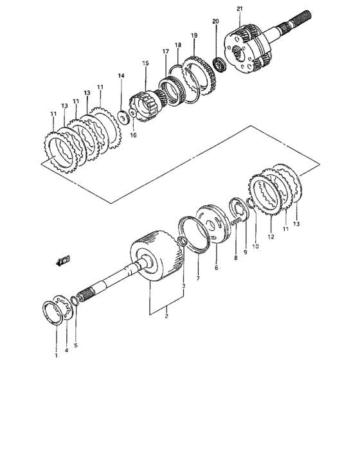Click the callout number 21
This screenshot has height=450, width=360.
239,8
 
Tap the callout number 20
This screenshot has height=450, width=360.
215,22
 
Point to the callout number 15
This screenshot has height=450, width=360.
145,63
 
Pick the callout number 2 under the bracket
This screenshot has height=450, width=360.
166,317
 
